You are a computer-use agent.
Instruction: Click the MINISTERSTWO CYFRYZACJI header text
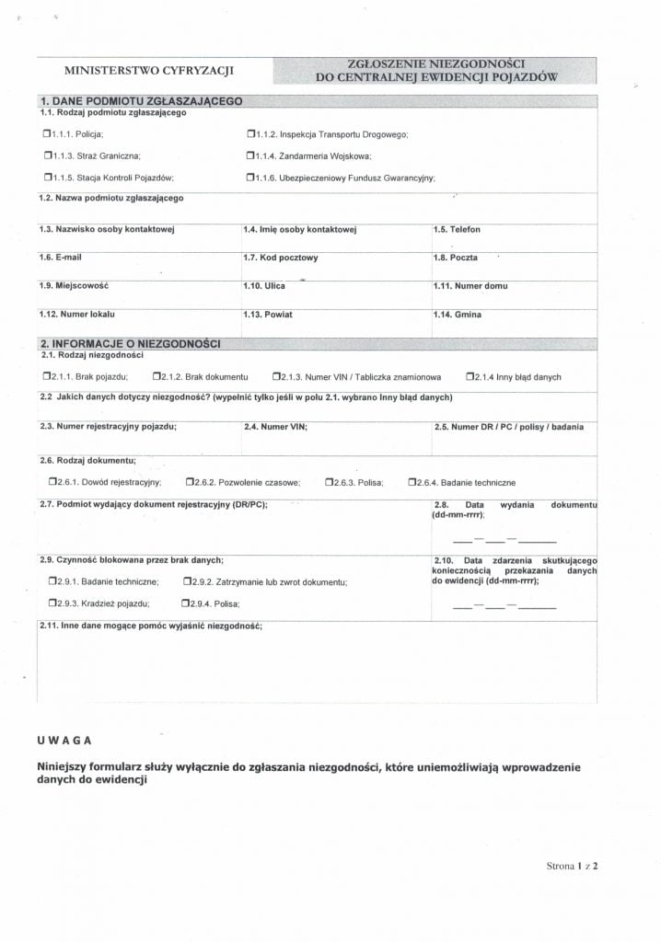pyautogui.click(x=149, y=71)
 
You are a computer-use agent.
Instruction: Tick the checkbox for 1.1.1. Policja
pyautogui.click(x=47, y=134)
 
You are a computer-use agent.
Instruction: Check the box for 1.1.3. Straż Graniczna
pyautogui.click(x=47, y=155)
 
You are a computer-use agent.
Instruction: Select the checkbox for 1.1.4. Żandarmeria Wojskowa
pyautogui.click(x=250, y=155)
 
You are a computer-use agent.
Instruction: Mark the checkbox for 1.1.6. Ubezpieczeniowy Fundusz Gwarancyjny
pyautogui.click(x=250, y=178)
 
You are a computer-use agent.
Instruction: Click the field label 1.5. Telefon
pyautogui.click(x=457, y=230)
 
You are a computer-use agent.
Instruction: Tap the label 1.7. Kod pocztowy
pyautogui.click(x=281, y=258)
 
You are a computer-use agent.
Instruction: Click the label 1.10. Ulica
pyautogui.click(x=264, y=286)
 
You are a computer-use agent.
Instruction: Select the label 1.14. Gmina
pyautogui.click(x=458, y=315)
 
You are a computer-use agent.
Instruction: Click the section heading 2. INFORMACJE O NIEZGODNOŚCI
pyautogui.click(x=129, y=343)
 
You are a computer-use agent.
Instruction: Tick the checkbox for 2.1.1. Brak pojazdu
pyautogui.click(x=47, y=376)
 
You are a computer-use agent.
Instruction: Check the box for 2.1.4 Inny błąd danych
pyautogui.click(x=470, y=376)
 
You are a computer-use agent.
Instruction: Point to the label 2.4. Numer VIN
pyautogui.click(x=275, y=427)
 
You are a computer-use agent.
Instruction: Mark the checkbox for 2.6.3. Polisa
pyautogui.click(x=329, y=482)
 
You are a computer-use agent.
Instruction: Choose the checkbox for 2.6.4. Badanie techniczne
pyautogui.click(x=412, y=482)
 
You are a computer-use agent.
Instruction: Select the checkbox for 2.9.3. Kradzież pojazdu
pyautogui.click(x=52, y=603)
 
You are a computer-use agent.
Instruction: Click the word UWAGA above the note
pyautogui.click(x=64, y=740)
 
